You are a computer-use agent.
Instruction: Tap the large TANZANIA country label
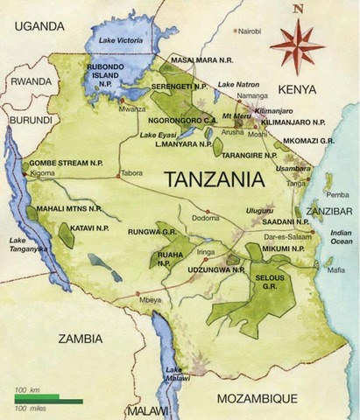click(215, 178)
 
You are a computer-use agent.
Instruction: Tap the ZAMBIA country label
click(81, 338)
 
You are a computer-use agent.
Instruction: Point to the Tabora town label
click(131, 172)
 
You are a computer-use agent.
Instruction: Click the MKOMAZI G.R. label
click(307, 139)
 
